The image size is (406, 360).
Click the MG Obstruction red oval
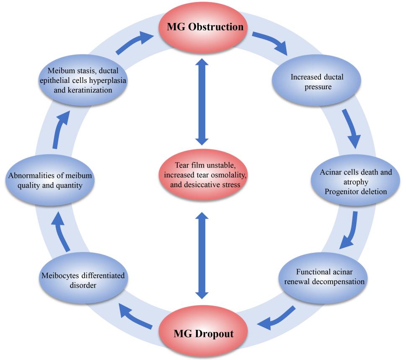203,28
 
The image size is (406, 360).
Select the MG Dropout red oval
203,334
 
